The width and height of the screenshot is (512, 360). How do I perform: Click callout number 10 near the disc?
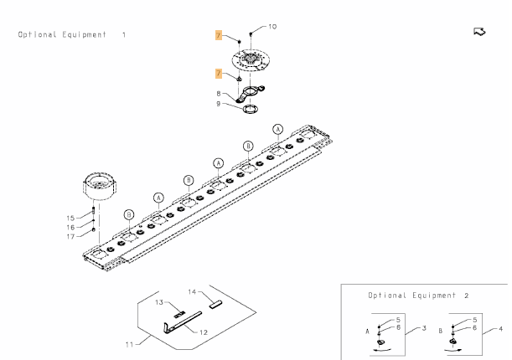[x=272, y=27]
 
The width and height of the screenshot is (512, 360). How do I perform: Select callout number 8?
[x=219, y=94]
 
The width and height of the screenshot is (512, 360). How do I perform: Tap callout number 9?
[x=219, y=104]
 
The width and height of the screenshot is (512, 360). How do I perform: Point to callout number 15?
[x=70, y=218]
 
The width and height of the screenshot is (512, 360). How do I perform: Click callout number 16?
[x=70, y=227]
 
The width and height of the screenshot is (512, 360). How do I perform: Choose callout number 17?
[x=70, y=236]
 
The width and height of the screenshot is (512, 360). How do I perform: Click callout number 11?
[x=130, y=344]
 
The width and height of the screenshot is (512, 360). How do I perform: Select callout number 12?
[x=203, y=332]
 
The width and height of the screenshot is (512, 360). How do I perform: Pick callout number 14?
[x=191, y=292]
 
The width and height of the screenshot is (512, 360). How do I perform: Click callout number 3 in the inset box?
[x=424, y=327]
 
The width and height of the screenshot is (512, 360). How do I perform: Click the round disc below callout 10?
[x=251, y=61]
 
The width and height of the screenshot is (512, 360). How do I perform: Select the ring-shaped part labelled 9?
[x=250, y=108]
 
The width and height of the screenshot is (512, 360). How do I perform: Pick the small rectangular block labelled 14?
[x=215, y=305]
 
